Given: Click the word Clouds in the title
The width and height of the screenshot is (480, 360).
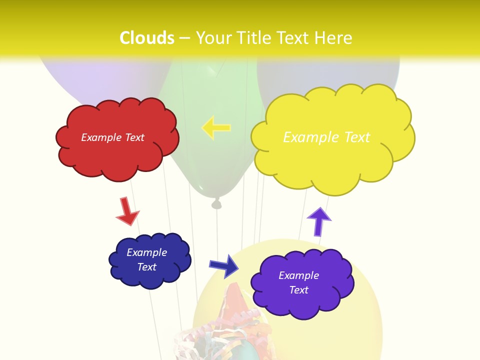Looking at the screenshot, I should pos(147,38).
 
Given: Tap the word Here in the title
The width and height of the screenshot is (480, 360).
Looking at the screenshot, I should pos(333,38).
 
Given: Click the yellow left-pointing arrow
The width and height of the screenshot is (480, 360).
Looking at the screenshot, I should pos(216,127).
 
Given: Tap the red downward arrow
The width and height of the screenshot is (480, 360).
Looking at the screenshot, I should pos(126,211).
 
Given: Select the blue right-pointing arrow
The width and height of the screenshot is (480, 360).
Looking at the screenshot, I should pos(223,265).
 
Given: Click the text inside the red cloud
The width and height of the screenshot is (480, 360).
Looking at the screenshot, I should pos(112,137).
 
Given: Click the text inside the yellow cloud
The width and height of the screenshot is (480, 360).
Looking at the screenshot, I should pos(326,137).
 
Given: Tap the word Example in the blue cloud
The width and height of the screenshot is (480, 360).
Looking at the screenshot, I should pos(146,252).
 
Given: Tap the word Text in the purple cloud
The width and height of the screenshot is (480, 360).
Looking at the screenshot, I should pos(298,290).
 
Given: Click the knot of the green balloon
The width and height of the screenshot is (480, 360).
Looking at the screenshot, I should pos(216,203).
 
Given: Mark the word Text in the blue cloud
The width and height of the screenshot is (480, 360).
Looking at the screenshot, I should pos(146,267).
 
